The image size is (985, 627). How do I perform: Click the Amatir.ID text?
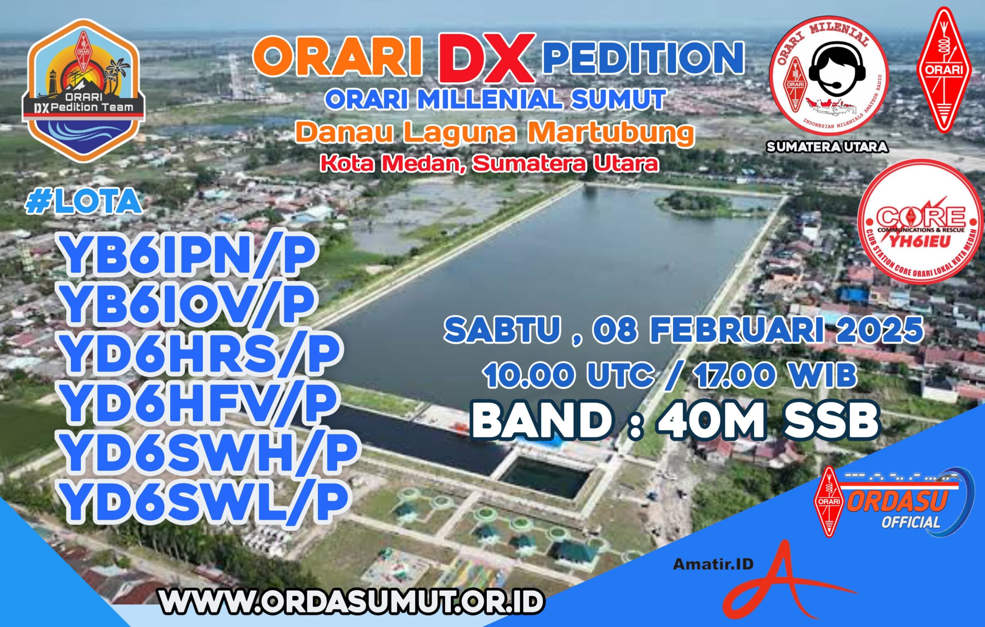coord(713,564)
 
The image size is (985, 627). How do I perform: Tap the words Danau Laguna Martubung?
coord(495,133)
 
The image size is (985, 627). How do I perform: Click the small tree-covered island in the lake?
coord(695,201)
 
